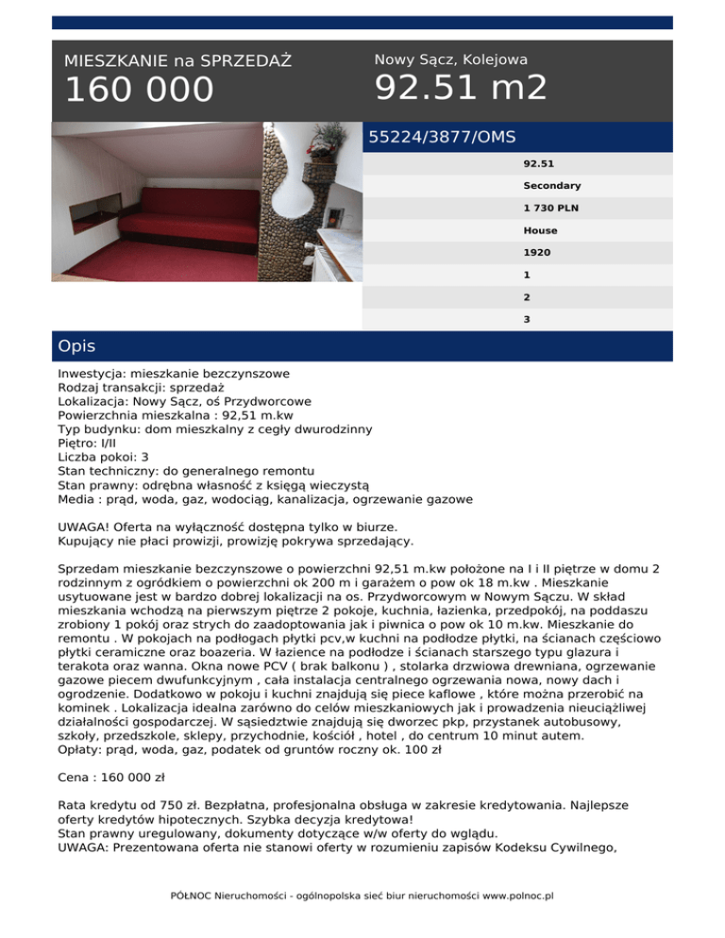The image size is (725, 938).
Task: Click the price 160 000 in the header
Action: (x=139, y=91)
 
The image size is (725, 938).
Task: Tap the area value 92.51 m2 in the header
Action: (x=461, y=88)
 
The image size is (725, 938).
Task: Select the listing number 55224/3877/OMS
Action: (x=442, y=137)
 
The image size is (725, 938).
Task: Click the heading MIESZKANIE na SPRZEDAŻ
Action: (x=177, y=61)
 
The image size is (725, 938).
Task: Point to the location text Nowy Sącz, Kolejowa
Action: (x=451, y=59)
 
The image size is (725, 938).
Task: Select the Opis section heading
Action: (x=76, y=346)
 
